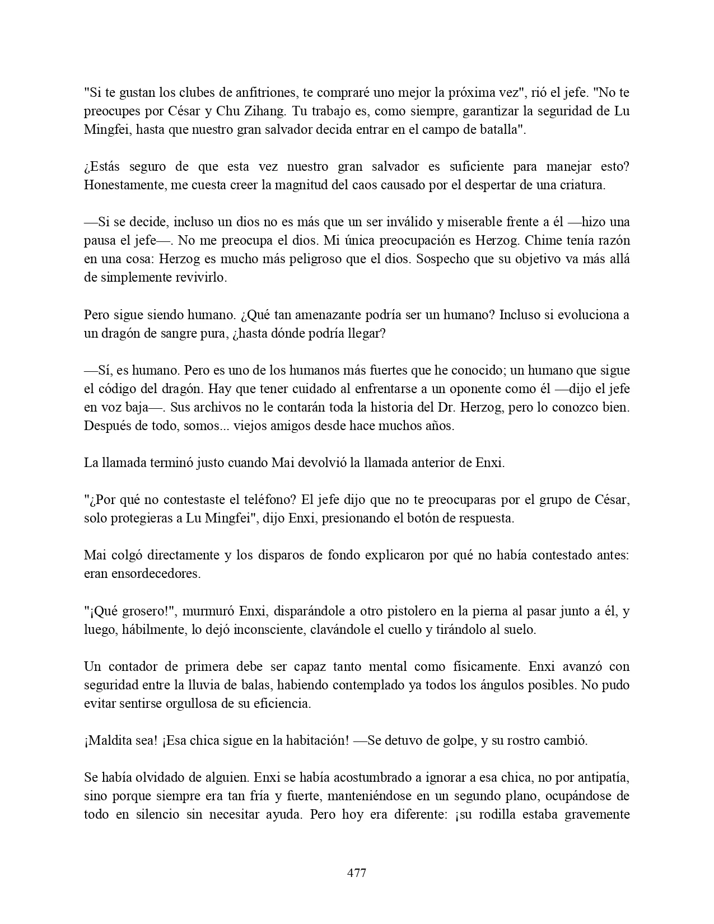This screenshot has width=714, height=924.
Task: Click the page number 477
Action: coord(357,873)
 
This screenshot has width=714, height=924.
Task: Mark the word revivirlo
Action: coord(200,278)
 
